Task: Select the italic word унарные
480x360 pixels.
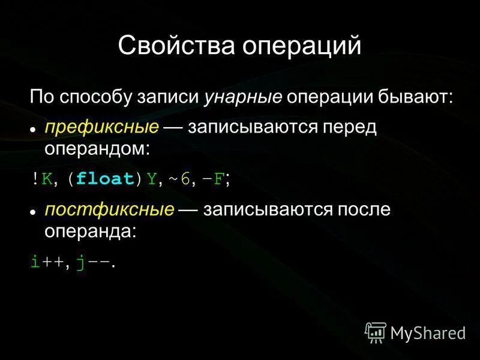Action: click(x=243, y=97)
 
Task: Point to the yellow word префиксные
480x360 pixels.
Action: click(x=102, y=127)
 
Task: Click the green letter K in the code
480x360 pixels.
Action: click(x=47, y=178)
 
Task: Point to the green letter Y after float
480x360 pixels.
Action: click(x=151, y=178)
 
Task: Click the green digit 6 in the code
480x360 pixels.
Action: click(x=185, y=178)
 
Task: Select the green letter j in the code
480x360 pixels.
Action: click(x=80, y=262)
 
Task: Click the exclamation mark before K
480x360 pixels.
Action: click(x=35, y=178)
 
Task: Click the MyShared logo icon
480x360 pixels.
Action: click(x=376, y=331)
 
